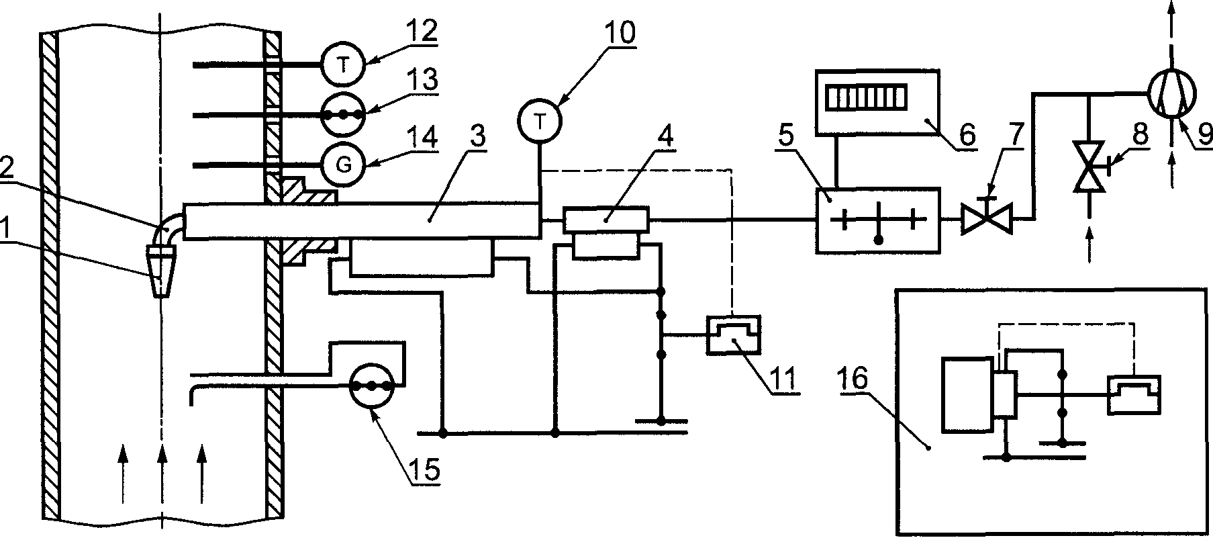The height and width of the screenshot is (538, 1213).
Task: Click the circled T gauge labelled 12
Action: tap(343, 64)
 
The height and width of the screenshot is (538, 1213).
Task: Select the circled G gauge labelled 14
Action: tap(343, 165)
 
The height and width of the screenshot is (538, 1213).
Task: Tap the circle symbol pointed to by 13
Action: tap(343, 115)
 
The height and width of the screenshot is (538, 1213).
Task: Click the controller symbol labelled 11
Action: tap(733, 334)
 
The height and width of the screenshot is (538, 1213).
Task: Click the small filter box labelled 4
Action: tap(605, 218)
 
